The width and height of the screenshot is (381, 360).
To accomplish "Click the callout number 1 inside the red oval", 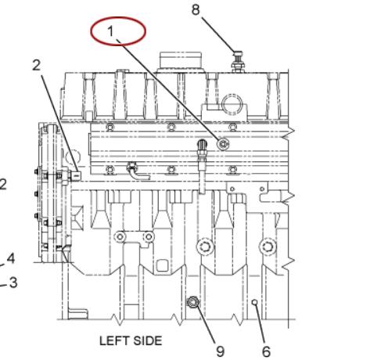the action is [110, 31].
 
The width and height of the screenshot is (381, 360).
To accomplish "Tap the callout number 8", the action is [196, 9].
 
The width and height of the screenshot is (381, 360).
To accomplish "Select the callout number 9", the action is [220, 351].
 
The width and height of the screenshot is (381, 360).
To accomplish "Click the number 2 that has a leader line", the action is [37, 65].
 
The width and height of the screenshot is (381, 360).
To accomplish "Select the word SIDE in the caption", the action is [148, 340].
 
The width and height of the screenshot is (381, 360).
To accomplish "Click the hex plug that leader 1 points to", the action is [223, 144].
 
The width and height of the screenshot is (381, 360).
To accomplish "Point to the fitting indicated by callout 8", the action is [237, 62].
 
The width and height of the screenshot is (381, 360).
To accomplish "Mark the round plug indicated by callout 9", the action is [193, 302].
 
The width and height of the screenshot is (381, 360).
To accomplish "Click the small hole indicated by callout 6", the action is [255, 302].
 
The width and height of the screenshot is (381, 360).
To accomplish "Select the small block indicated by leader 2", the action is [76, 176].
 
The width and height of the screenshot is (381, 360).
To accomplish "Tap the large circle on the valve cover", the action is [232, 104].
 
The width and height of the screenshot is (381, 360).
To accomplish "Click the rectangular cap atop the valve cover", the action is [181, 60].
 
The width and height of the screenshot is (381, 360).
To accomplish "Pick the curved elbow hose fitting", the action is [137, 171].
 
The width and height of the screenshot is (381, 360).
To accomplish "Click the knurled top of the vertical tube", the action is [202, 144].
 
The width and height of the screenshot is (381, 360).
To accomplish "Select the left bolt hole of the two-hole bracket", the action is [120, 237].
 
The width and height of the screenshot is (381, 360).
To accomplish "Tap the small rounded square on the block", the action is [162, 265].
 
